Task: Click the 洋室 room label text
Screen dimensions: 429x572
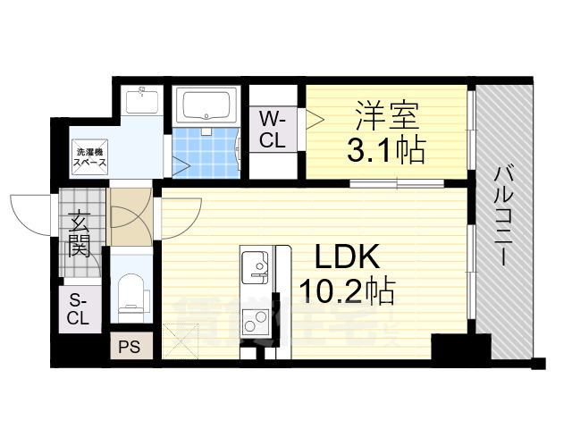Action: click(x=386, y=116)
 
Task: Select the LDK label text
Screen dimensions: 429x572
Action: click(x=349, y=259)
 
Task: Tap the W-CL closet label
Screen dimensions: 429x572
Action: click(x=273, y=129)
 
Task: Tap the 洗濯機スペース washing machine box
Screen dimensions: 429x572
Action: click(x=90, y=158)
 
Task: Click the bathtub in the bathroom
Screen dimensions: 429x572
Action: click(x=205, y=107)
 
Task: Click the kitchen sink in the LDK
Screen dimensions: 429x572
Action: click(x=254, y=265)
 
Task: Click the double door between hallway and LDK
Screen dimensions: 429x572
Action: click(x=134, y=219)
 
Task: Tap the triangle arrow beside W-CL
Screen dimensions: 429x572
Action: click(x=312, y=117)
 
